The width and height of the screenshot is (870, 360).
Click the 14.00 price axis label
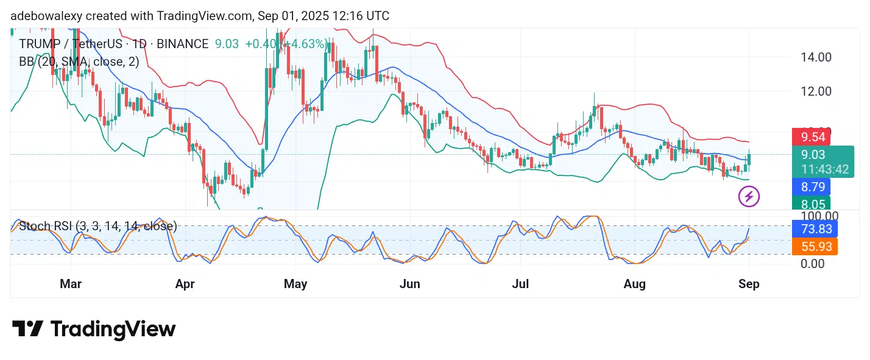click(x=815, y=58)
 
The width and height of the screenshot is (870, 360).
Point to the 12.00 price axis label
click(x=815, y=92)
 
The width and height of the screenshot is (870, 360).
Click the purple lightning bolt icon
click(x=749, y=196)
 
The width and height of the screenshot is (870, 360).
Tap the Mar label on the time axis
click(x=71, y=284)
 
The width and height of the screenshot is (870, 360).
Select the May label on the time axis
click(x=295, y=284)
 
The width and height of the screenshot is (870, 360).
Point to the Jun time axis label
click(x=409, y=284)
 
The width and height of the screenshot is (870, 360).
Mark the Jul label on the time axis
click(x=520, y=284)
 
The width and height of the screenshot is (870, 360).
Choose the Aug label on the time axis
click(x=634, y=284)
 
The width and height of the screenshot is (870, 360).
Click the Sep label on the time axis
click(x=749, y=284)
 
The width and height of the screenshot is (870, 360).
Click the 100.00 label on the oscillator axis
click(x=819, y=216)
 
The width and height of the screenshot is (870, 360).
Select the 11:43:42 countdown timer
click(x=825, y=169)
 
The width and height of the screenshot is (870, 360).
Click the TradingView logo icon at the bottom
click(x=27, y=329)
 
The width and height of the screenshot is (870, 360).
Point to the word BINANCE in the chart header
click(x=182, y=44)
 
